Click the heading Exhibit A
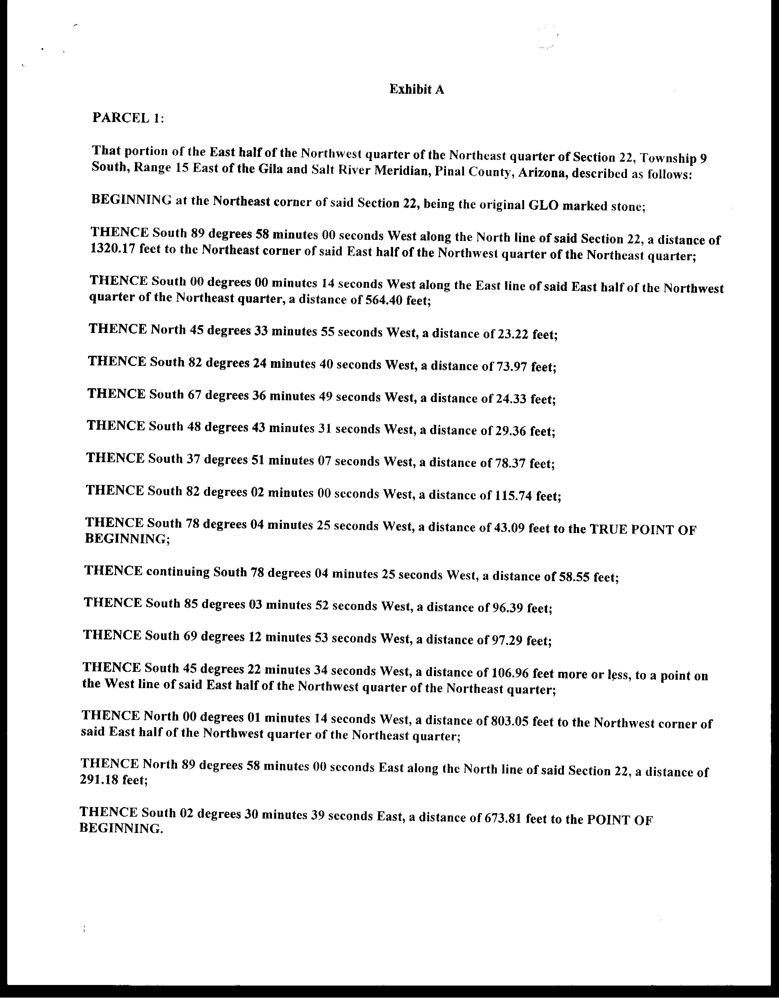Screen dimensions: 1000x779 pos(416,89)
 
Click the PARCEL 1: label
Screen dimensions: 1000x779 pos(128,118)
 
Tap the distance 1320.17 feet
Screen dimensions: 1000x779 pos(109,249)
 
